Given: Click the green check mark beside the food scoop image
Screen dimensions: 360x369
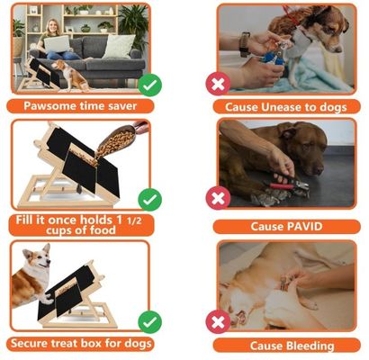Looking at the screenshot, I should pos(151,199).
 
